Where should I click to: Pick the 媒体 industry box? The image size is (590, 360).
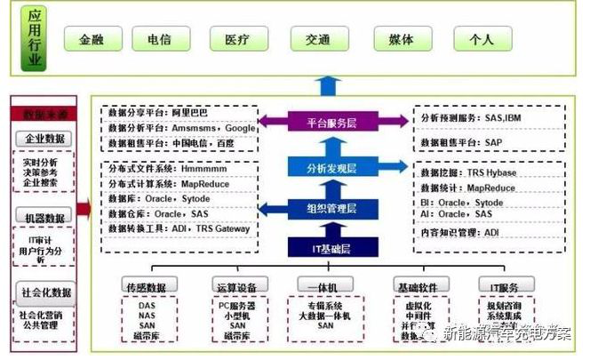[401, 40]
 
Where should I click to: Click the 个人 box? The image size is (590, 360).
[482, 40]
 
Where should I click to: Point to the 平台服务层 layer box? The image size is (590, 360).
[331, 122]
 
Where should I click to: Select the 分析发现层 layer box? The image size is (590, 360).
[331, 166]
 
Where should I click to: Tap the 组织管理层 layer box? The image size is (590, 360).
[331, 208]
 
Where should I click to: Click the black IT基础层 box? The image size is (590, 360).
[331, 248]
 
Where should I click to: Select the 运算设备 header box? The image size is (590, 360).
[235, 286]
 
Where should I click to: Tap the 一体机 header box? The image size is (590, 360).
[330, 286]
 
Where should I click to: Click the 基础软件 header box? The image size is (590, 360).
[417, 286]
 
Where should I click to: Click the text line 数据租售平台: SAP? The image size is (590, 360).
[461, 142]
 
